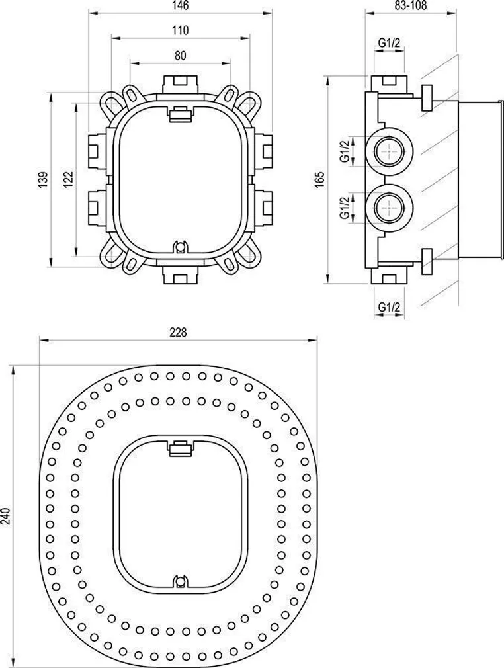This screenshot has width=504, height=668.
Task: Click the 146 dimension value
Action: pyautogui.click(x=181, y=6)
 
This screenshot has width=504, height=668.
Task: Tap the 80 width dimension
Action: pyautogui.click(x=180, y=56)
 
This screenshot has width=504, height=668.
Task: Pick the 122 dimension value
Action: pyautogui.click(x=68, y=178)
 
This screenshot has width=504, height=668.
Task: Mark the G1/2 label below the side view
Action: pyautogui.click(x=388, y=306)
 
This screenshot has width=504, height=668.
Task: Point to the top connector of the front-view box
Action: pyautogui.click(x=180, y=84)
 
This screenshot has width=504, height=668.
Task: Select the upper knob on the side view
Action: pyautogui.click(x=427, y=97)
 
